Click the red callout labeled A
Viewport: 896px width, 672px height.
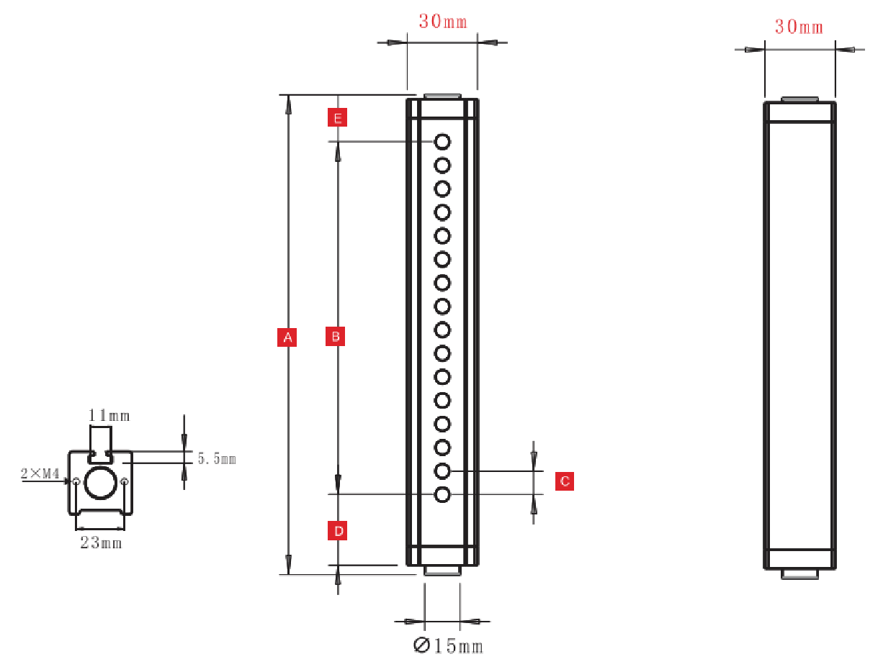[x=287, y=337]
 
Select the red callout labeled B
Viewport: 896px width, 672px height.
[x=336, y=335]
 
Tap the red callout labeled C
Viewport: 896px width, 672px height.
[x=565, y=481]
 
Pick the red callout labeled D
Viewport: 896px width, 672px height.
[x=337, y=532]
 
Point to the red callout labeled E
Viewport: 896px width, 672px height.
[x=337, y=117]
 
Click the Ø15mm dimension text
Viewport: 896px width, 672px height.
[x=448, y=646]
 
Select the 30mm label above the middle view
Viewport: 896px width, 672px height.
[x=443, y=22]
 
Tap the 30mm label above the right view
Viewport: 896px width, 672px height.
[x=799, y=27]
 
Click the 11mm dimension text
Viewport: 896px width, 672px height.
[x=109, y=415]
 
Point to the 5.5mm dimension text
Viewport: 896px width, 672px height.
[x=217, y=458]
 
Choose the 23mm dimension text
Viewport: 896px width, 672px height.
[x=101, y=543]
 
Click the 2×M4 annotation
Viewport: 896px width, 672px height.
[x=40, y=473]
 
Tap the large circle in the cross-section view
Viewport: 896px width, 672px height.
[x=100, y=482]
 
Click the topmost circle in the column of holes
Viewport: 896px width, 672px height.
[x=442, y=141]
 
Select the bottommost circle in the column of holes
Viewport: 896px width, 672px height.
[x=442, y=495]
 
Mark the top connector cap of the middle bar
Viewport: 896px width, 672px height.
[x=442, y=96]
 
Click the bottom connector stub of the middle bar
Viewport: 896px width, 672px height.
[x=442, y=571]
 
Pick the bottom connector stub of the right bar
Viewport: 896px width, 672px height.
[x=799, y=573]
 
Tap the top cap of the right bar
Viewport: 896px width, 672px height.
[x=799, y=99]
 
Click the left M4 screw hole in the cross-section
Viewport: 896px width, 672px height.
[x=76, y=481]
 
